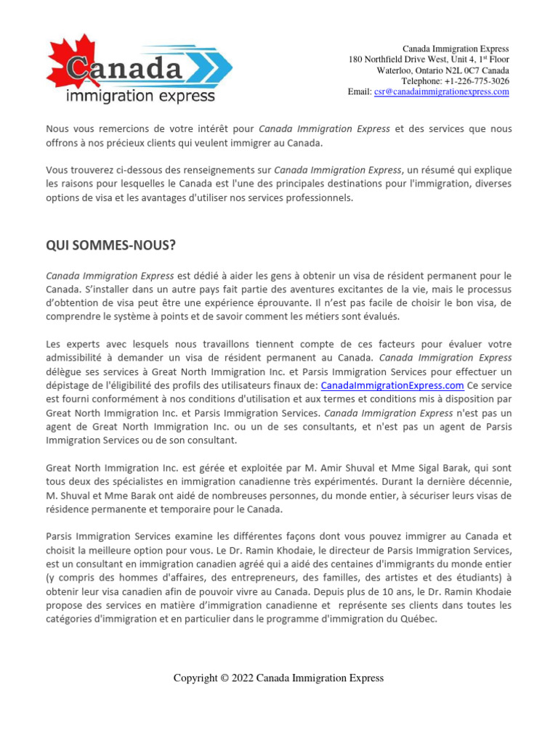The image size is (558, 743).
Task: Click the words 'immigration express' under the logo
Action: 139,96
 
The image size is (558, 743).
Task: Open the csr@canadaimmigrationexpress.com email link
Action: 441,92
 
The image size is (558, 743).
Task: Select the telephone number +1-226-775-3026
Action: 471,81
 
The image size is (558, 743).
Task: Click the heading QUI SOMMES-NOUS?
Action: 110,245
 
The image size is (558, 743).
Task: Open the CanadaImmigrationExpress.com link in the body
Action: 392,385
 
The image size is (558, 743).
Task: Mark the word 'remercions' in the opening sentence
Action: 121,128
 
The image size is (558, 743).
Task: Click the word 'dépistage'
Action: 69,385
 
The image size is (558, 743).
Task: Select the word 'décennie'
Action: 490,482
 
